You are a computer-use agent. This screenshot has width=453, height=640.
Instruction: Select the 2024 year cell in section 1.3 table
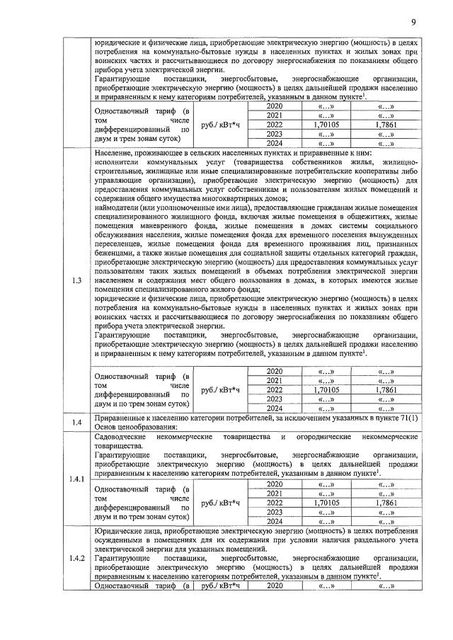(274, 408)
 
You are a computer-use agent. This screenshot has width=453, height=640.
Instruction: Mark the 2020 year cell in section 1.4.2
(274, 585)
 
